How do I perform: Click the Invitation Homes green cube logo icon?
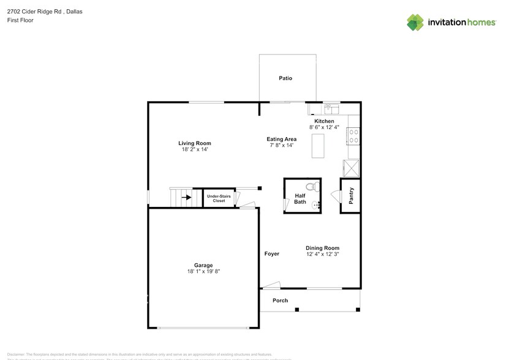pos(415,22)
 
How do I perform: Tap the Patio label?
pos(285,78)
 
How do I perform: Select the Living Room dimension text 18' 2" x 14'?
pos(195,149)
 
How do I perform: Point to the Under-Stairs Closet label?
pos(219,198)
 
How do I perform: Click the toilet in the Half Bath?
pos(311,187)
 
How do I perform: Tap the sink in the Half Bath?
pos(315,204)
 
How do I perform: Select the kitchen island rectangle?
pos(319,146)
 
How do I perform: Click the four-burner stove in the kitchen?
pos(353,135)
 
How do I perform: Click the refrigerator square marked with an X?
pos(352,168)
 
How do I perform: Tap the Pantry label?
pos(351,196)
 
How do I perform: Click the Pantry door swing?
pos(336,195)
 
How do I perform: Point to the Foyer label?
pos(271,253)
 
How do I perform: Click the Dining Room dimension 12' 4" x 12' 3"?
pos(322,254)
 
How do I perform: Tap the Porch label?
pos(280,300)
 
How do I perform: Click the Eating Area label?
pos(282,139)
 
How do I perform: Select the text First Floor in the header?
pos(21,20)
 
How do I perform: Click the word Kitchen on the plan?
pos(324,121)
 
